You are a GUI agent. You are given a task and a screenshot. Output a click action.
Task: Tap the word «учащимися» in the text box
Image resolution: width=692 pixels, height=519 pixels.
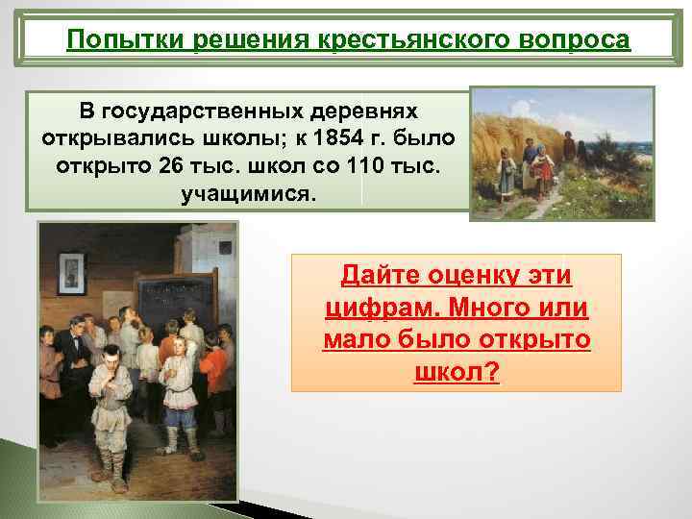coord(245,194)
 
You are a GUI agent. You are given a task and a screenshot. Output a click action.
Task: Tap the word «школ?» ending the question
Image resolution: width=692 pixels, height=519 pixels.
coord(456,372)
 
